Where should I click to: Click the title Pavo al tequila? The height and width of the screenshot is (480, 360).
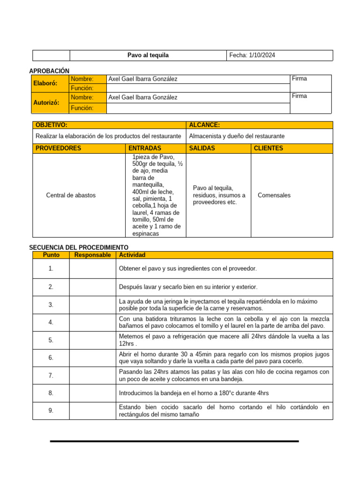coord(148,55)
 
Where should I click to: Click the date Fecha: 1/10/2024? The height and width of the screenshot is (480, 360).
coord(252,55)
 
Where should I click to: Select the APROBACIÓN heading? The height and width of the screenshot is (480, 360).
coord(49,70)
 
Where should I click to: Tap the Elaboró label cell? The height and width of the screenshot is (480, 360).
coord(45,83)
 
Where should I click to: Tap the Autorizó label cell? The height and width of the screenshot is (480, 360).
coord(46,103)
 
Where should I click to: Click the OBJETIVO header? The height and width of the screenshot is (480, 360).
coord(51,125)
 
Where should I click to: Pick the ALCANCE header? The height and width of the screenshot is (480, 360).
coord(204,125)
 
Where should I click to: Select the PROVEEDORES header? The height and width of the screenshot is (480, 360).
coord(58,148)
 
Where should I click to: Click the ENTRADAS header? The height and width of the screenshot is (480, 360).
coord(145,148)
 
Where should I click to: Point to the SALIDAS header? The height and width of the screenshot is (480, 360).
coord(202,148)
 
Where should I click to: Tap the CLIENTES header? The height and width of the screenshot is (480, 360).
coord(268,148)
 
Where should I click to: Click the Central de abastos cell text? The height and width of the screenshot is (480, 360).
coord(71,195)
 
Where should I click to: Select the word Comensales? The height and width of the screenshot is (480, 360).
coord(274,195)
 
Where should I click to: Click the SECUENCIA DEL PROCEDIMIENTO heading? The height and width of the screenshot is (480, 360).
coord(78,247)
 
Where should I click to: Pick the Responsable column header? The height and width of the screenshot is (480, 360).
coord(92,255)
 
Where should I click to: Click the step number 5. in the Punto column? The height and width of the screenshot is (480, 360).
coord(51,340)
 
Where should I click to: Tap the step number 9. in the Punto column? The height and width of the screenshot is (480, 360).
coord(51,411)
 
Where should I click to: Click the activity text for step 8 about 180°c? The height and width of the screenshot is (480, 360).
coord(194,393)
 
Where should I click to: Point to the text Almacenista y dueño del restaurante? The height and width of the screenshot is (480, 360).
coord(236,136)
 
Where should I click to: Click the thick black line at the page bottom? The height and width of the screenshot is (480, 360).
coord(174,441)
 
